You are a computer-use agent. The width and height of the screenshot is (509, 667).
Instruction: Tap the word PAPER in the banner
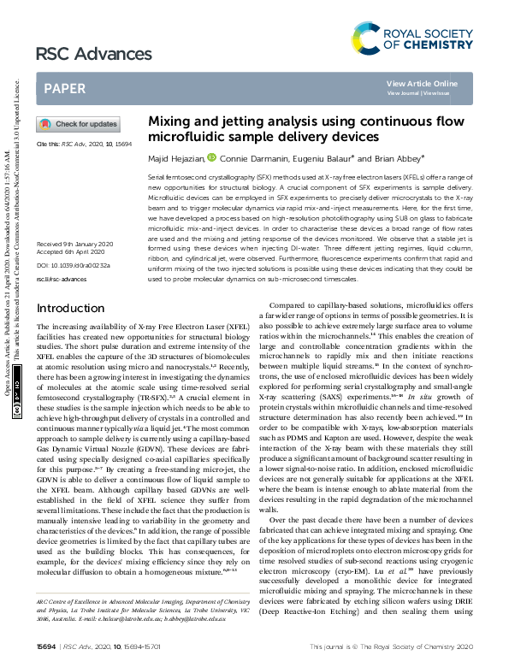point(64,88)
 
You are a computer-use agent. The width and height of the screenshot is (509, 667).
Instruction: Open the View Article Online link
point(422,83)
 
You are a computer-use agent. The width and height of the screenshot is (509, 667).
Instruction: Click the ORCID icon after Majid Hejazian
point(210,158)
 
